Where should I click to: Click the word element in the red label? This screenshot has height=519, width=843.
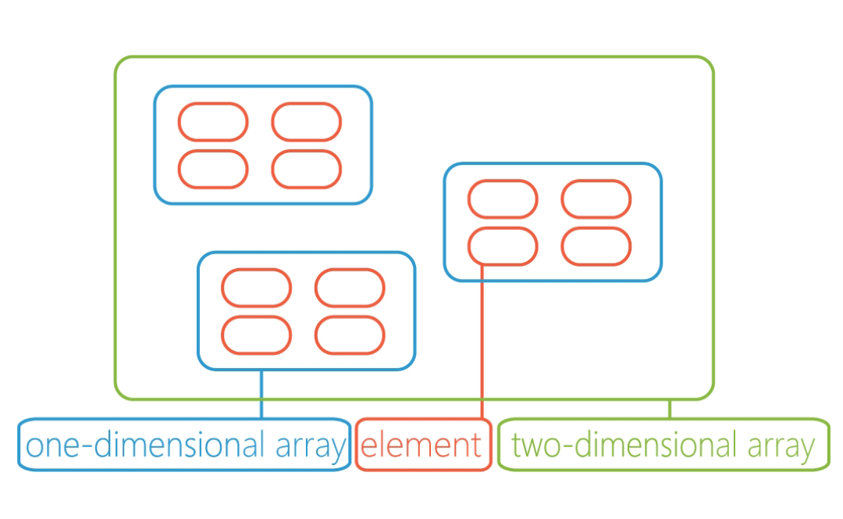point(422,446)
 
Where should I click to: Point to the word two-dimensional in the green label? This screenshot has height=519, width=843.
point(624,446)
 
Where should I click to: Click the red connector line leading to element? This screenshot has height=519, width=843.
point(482,344)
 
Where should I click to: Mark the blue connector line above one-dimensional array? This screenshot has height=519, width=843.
point(261,394)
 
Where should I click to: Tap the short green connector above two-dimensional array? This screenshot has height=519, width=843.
point(669,409)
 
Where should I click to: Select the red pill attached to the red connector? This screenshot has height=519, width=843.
point(503,245)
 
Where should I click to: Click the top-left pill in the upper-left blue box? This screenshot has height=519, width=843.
point(213,122)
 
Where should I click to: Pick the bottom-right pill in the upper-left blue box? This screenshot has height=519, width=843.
point(307,169)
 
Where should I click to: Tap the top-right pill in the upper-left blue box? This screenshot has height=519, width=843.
point(307,122)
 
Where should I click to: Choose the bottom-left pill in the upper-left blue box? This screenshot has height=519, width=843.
point(213,169)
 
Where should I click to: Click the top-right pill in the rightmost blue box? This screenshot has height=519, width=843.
point(596,199)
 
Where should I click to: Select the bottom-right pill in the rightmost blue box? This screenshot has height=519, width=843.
point(596,245)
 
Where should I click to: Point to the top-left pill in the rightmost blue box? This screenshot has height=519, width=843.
point(503,199)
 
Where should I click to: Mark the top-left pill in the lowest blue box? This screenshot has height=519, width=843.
point(257,288)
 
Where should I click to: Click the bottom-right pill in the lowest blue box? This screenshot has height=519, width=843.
point(350,335)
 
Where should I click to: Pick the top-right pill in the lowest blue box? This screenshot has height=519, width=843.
point(350,288)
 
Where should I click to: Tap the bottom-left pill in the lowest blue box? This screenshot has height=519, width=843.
point(257,335)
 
